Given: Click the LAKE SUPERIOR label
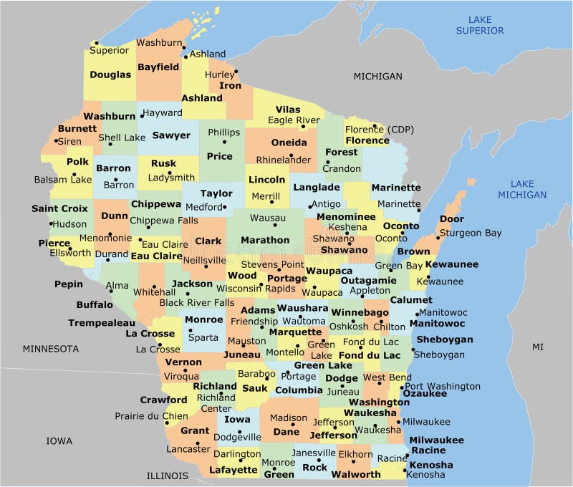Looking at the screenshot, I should pyautogui.click(x=480, y=25).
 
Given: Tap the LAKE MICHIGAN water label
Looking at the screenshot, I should pyautogui.click(x=523, y=189).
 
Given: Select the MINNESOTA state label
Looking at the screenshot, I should pyautogui.click(x=50, y=349).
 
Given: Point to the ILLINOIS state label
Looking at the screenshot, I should pyautogui.click(x=167, y=476).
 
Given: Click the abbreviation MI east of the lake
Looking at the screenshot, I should pyautogui.click(x=538, y=347).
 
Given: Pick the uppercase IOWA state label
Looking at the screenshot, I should pyautogui.click(x=59, y=440).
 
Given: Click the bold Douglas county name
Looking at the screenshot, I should pyautogui.click(x=110, y=74).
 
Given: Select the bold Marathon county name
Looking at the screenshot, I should pyautogui.click(x=265, y=241).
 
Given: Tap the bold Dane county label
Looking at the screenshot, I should pyautogui.click(x=286, y=432).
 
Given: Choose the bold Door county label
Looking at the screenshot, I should pyautogui.click(x=451, y=219).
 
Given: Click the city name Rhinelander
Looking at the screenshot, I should pyautogui.click(x=284, y=159).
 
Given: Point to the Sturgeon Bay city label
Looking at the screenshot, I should pyautogui.click(x=470, y=233).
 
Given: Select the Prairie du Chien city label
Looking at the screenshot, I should pyautogui.click(x=151, y=416).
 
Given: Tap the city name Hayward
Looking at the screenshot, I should pyautogui.click(x=163, y=113).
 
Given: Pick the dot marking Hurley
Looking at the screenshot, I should pyautogui.click(x=236, y=71).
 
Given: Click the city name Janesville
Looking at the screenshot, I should pyautogui.click(x=314, y=453).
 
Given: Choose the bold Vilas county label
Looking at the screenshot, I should pyautogui.click(x=288, y=110).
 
